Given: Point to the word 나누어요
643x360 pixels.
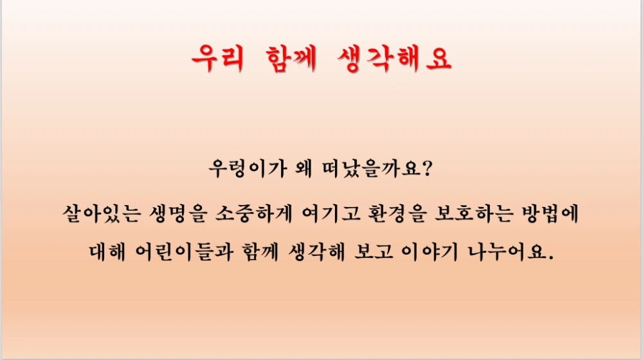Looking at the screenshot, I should click(x=518, y=253).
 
